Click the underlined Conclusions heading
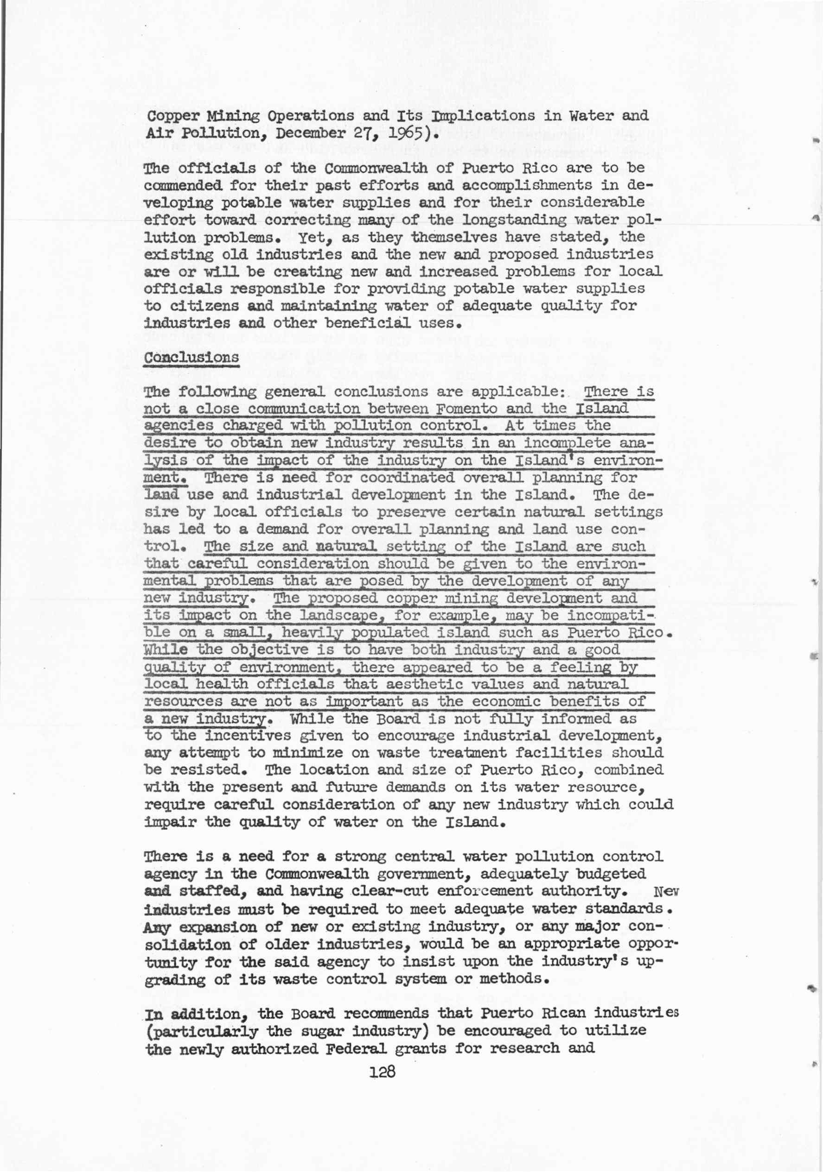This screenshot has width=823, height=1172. [191, 357]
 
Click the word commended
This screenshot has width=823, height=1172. [184, 185]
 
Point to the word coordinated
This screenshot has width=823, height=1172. [407, 478]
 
